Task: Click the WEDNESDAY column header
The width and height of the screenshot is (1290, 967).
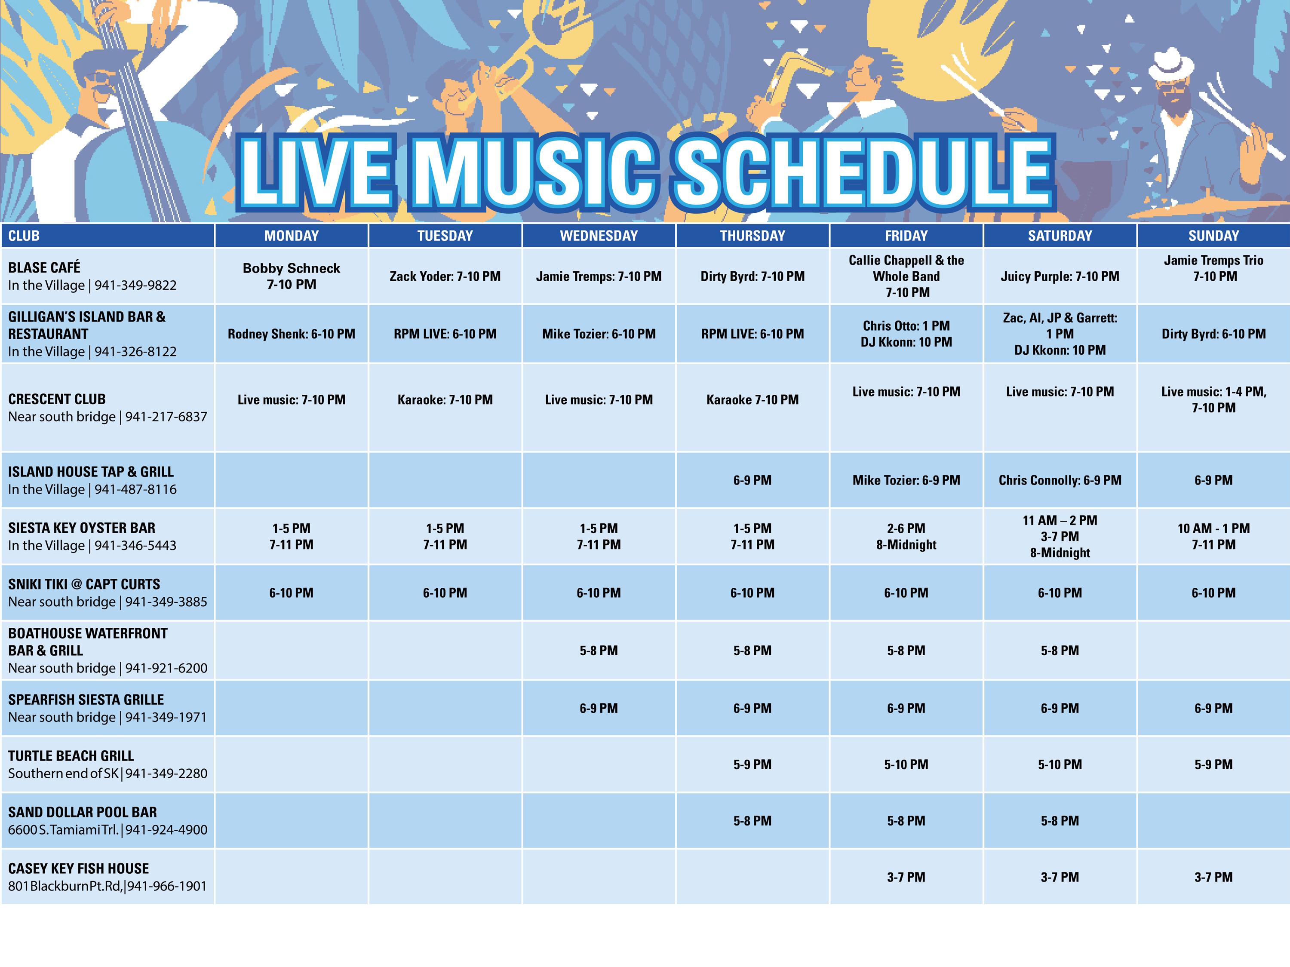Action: (x=599, y=236)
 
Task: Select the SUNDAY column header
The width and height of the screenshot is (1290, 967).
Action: (x=1213, y=236)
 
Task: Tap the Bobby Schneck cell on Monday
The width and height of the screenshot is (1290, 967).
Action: (x=291, y=276)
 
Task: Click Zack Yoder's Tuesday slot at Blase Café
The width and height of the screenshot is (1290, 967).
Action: (x=445, y=276)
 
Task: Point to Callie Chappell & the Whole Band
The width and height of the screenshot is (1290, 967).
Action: (x=906, y=276)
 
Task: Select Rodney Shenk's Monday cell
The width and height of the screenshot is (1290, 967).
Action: (x=291, y=334)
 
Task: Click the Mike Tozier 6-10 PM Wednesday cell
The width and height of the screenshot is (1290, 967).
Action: (x=599, y=334)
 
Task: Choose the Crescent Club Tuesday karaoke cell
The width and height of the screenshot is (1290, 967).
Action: (x=445, y=399)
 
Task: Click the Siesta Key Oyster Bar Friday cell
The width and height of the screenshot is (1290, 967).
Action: (x=906, y=537)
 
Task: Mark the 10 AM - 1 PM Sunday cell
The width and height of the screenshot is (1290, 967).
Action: (x=1213, y=537)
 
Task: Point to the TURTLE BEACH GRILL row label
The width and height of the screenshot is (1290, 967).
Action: (x=71, y=756)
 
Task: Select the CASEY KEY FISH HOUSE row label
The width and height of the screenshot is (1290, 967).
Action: (x=79, y=869)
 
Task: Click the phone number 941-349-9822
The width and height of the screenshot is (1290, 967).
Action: (x=135, y=285)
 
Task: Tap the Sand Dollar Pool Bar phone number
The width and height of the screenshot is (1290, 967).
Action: (x=166, y=829)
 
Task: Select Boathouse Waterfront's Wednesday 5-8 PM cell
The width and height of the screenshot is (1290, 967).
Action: (x=599, y=650)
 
